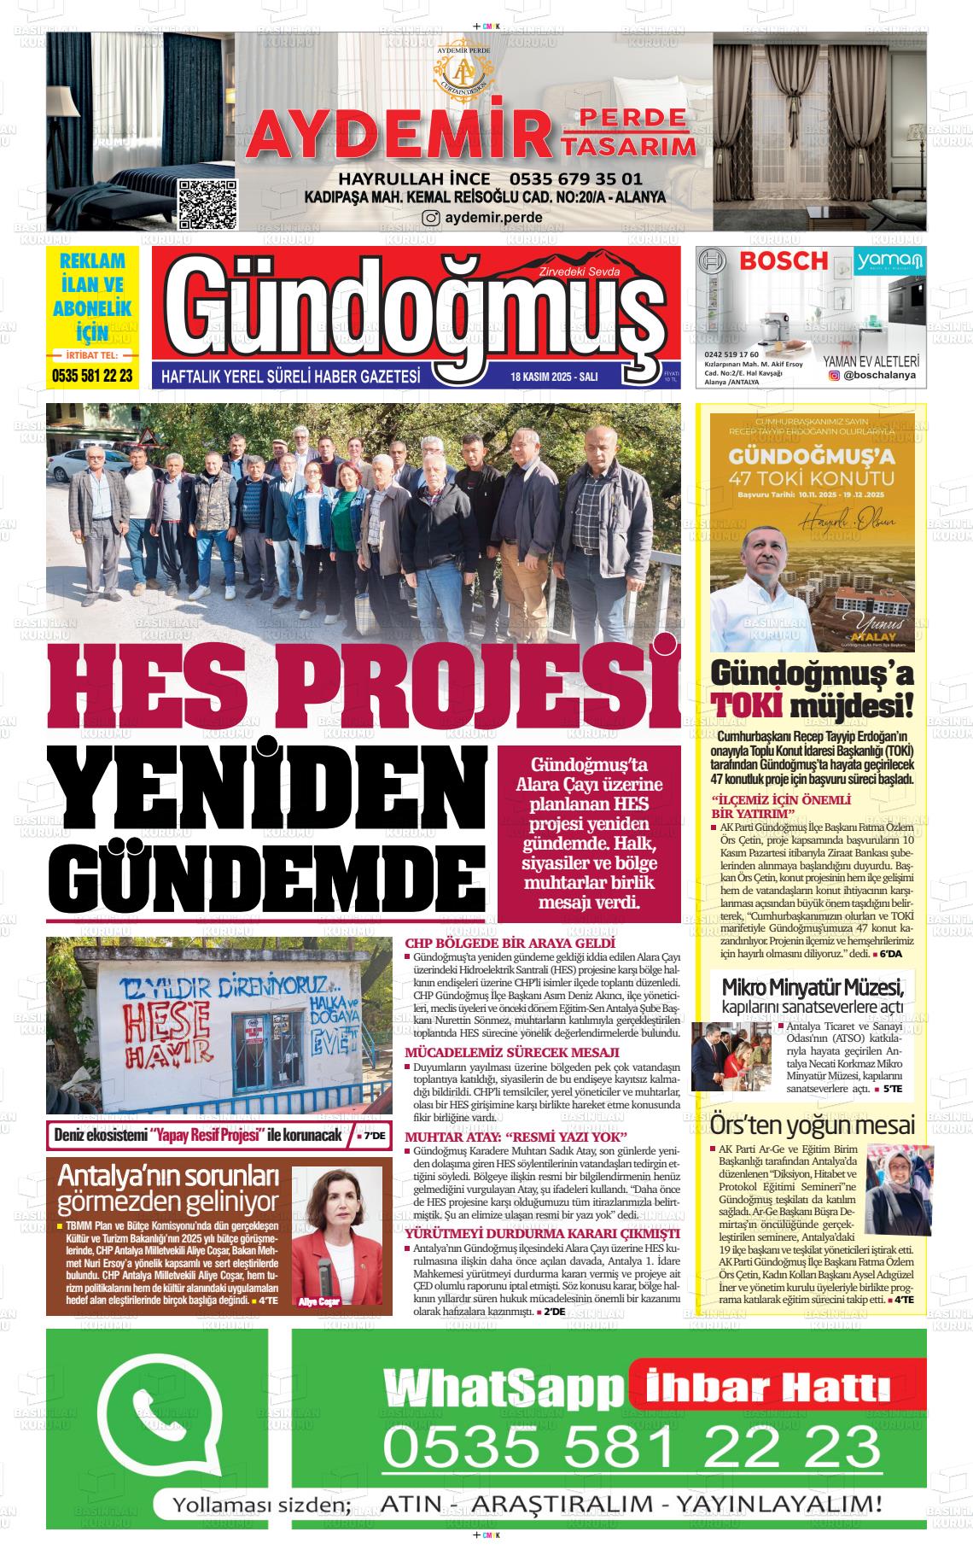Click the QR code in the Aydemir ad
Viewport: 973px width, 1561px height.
coord(207,204)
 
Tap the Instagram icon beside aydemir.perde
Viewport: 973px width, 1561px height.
coord(432,218)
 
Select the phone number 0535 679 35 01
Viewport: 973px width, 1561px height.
coord(575,179)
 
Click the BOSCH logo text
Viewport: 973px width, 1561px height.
coord(784,261)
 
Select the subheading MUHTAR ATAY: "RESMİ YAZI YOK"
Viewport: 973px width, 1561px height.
coord(516,1137)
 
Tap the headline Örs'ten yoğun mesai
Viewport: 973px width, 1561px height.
coord(812,1125)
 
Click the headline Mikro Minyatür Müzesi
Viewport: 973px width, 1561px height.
coord(812,989)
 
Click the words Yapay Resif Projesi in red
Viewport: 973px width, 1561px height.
coord(205,1135)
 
